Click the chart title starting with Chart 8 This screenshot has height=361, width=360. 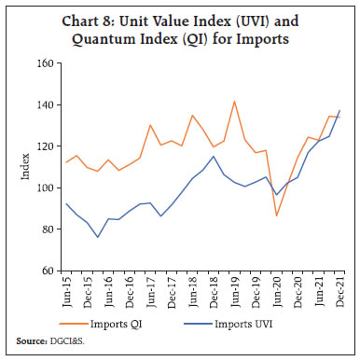pos(180,31)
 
